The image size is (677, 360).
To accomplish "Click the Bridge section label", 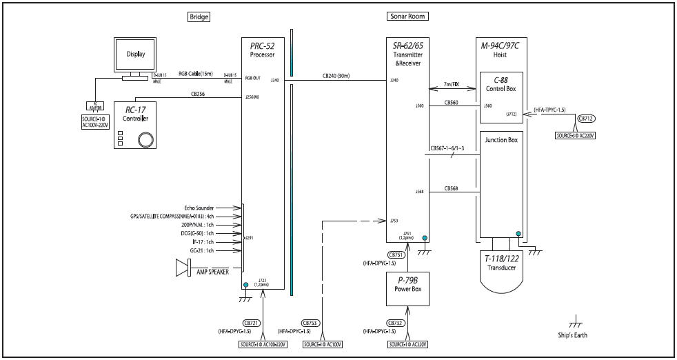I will tap(199, 16).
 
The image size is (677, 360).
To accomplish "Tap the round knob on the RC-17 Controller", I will tap(145, 140).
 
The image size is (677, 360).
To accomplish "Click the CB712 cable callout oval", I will tap(587, 119).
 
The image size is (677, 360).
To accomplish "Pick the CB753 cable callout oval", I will tap(311, 323).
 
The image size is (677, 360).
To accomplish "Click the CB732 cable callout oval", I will tap(396, 323).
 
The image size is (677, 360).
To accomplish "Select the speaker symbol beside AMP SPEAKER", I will tap(183, 267).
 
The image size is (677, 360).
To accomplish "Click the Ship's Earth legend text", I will tap(573, 337).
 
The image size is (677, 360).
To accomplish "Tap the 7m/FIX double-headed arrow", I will tap(452, 88).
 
